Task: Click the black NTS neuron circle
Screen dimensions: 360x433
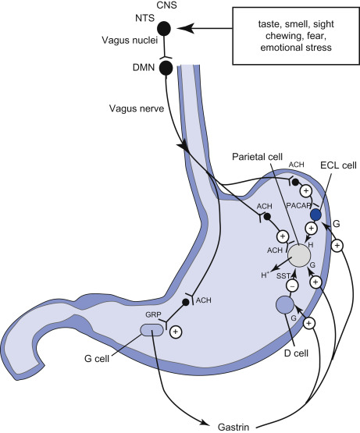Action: (x=164, y=28)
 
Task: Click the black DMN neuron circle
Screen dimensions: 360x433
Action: (x=166, y=68)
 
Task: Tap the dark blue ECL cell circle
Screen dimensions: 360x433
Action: (x=315, y=215)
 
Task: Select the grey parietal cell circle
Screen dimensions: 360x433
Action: (x=299, y=256)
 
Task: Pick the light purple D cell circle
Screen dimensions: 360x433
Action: (x=285, y=304)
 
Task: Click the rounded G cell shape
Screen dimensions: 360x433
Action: (x=151, y=330)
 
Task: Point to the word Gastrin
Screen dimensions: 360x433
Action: (x=233, y=427)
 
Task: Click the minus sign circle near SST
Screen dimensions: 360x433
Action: (x=292, y=286)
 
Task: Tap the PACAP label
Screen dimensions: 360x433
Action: (x=298, y=206)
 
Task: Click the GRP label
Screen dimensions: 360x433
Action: (x=153, y=314)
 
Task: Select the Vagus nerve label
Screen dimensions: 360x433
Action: (x=137, y=108)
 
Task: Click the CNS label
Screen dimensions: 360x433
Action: (x=167, y=5)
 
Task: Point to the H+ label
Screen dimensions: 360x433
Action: (x=265, y=275)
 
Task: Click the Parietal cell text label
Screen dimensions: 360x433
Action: (x=257, y=157)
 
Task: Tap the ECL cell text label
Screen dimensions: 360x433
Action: (x=338, y=165)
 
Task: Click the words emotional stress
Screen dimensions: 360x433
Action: (x=296, y=48)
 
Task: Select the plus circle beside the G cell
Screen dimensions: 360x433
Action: (x=176, y=332)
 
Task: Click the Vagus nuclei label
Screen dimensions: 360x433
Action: (x=130, y=41)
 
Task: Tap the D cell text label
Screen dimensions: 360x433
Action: (x=296, y=353)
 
